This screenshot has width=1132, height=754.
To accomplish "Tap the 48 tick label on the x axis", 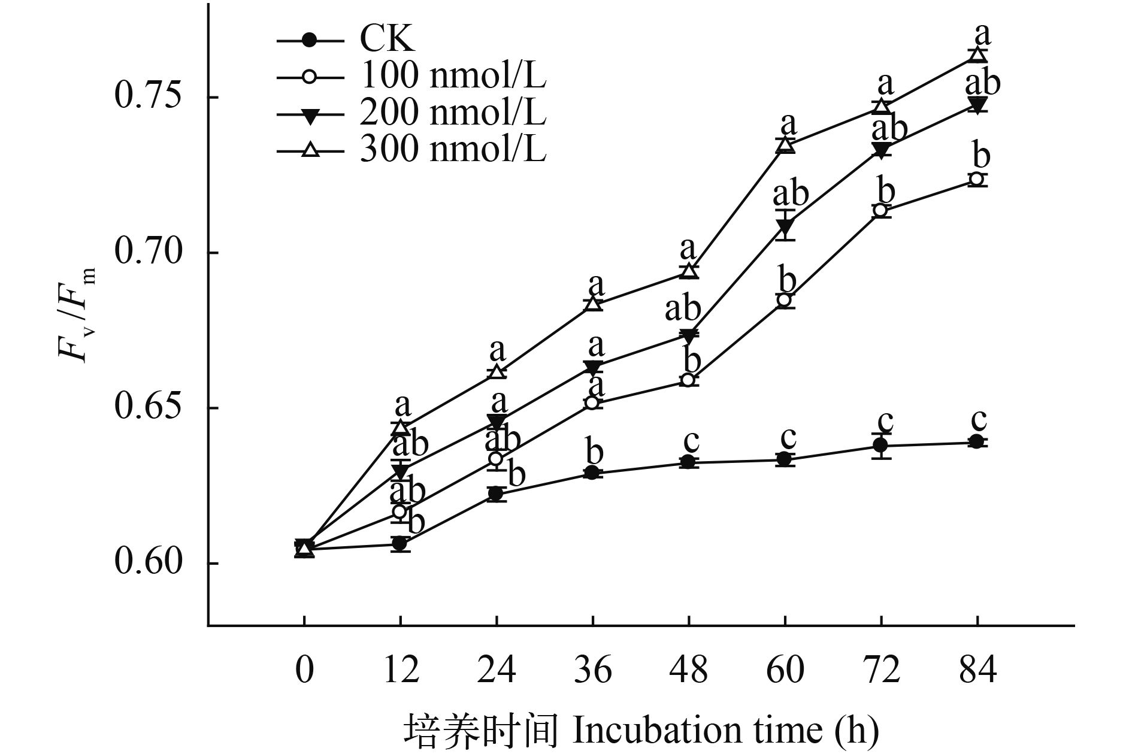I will [x=689, y=669].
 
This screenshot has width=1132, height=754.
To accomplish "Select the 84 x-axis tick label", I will [x=977, y=669].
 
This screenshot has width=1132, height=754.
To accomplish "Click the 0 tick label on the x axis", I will [x=304, y=669].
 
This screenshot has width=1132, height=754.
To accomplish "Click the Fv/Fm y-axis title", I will [x=77, y=314].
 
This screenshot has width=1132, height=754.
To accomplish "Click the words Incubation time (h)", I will [x=726, y=730].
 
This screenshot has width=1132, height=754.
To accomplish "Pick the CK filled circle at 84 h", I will [x=977, y=442].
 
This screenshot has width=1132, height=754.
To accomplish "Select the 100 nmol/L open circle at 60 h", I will [x=785, y=299].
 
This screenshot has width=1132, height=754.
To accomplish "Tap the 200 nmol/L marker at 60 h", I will [x=785, y=226].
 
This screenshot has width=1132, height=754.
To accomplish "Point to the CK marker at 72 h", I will [x=880, y=445].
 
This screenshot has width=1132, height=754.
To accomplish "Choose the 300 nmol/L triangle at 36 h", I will [x=593, y=303].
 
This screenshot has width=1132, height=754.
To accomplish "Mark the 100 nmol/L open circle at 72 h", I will [x=880, y=210].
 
